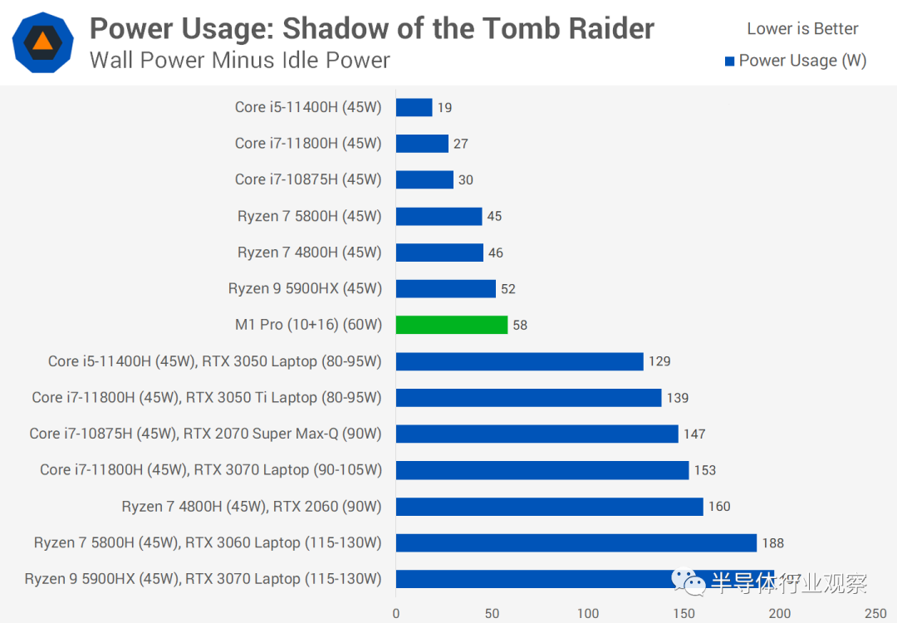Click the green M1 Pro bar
click(x=451, y=325)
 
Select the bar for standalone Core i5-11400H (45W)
click(x=414, y=107)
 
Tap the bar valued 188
click(x=576, y=542)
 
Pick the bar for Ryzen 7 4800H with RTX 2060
click(x=549, y=506)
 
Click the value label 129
click(x=659, y=361)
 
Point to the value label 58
click(x=520, y=325)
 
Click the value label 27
click(x=461, y=144)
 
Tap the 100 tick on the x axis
click(x=588, y=613)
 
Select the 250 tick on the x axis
click(x=875, y=613)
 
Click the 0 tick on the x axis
click(x=396, y=613)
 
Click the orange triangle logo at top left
click(x=42, y=42)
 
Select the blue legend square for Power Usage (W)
click(x=729, y=61)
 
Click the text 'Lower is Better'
click(x=802, y=29)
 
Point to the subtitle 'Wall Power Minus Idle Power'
click(x=240, y=61)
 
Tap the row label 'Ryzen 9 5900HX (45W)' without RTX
click(x=305, y=289)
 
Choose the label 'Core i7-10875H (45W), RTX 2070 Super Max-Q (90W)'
click(x=205, y=434)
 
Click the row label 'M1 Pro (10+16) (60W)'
click(x=308, y=325)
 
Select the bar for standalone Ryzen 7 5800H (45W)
click(x=439, y=216)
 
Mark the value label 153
click(x=704, y=470)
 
